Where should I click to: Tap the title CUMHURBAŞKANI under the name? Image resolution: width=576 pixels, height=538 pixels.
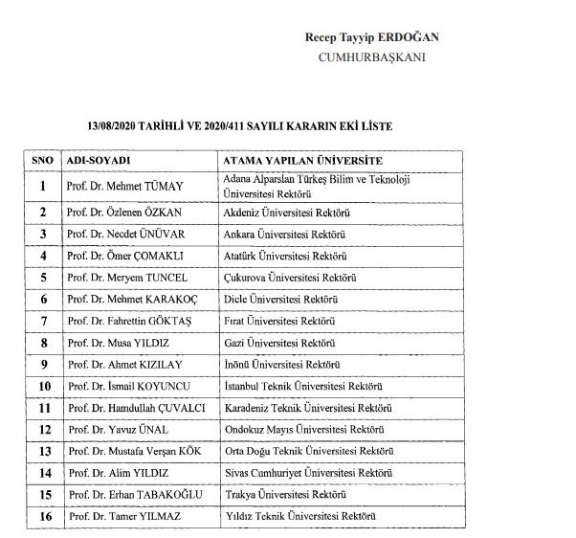click(x=371, y=56)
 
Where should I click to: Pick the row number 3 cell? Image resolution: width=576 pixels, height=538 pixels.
click(x=42, y=234)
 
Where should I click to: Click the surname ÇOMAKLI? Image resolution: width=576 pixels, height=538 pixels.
click(x=162, y=256)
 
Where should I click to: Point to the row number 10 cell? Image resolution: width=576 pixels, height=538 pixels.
click(x=42, y=386)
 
